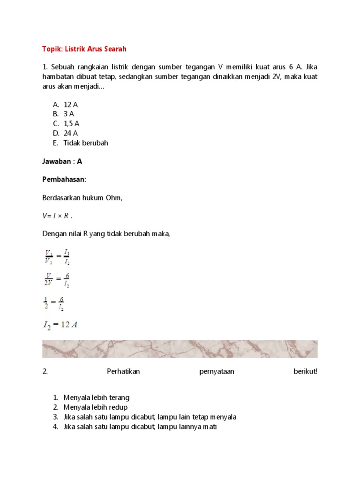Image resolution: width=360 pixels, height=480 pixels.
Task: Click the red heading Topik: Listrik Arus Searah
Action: [x=84, y=49]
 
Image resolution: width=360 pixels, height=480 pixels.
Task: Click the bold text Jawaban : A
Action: [x=62, y=161]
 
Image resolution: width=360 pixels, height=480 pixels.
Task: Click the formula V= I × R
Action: [x=58, y=216]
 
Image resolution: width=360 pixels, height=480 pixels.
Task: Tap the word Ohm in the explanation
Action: [x=113, y=198]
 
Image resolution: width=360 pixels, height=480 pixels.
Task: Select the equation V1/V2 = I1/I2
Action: [x=57, y=257]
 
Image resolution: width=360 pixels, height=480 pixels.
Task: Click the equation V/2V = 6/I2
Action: [x=57, y=280]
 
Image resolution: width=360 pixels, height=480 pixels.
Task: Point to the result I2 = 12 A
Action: [x=60, y=325]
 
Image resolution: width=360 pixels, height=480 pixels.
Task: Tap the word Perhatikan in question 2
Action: [x=123, y=371]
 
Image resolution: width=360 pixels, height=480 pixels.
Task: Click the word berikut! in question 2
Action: [x=305, y=371]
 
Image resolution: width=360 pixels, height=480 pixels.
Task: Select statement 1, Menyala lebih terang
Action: [x=96, y=397]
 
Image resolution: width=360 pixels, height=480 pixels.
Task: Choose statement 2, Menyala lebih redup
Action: [x=95, y=407]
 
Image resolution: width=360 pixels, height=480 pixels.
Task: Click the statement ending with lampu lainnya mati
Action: [x=140, y=427]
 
